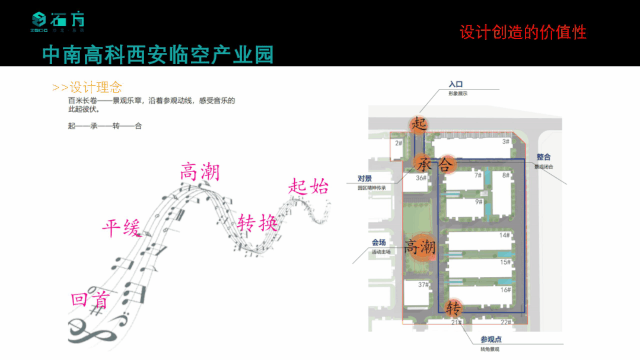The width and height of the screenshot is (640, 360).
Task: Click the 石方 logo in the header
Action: point(58,22)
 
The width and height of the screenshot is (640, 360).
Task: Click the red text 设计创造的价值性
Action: point(523,32)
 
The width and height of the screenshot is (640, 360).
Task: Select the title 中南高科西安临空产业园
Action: point(158,55)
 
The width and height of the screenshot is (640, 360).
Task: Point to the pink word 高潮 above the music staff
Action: point(199,172)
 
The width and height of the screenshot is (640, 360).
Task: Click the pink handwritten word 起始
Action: point(308,186)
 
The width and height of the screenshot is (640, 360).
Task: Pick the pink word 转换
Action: point(257,224)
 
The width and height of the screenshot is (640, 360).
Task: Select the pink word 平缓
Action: point(122,227)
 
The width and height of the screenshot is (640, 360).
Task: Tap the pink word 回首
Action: point(90,300)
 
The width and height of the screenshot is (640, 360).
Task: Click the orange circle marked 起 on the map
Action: point(419,124)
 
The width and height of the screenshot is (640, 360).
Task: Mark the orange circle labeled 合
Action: point(445,164)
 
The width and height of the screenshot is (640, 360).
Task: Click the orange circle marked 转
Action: point(454,307)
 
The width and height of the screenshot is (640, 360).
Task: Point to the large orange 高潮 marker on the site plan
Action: point(420,246)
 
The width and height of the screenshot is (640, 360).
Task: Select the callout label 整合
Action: point(543,157)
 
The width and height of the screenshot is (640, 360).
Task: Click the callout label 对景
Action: point(364,179)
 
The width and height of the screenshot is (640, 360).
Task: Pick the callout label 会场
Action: point(378,242)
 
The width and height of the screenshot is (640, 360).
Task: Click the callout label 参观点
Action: point(491,339)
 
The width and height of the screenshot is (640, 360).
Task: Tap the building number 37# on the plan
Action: point(422,285)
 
